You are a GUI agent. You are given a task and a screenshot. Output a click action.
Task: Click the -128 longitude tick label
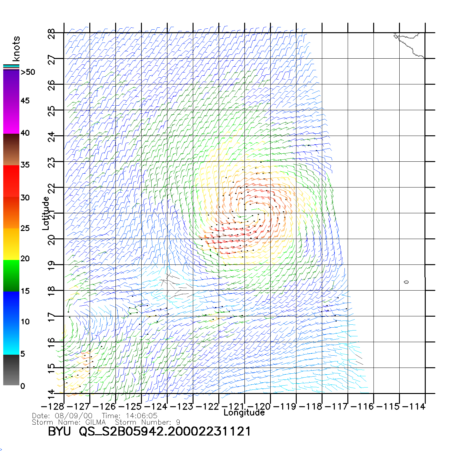click(x=53, y=407)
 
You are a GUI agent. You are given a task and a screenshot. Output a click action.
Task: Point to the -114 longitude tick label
click(x=414, y=407)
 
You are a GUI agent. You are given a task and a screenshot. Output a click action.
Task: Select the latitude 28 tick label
click(x=52, y=34)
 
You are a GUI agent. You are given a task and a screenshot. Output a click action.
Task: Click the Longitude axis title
click(x=244, y=413)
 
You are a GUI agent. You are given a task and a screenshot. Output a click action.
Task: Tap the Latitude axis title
click(x=46, y=213)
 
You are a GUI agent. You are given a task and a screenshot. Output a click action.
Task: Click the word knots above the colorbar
click(x=16, y=49)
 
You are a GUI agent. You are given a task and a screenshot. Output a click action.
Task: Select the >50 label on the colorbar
click(x=28, y=72)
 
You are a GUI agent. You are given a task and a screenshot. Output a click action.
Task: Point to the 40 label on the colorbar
click(x=25, y=133)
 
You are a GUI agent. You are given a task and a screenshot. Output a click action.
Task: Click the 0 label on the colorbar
click(x=23, y=386)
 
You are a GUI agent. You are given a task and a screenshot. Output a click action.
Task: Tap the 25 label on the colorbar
click(x=25, y=228)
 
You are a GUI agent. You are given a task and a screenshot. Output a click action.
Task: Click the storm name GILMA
click(x=95, y=422)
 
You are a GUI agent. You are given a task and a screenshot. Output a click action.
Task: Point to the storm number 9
click(x=178, y=422)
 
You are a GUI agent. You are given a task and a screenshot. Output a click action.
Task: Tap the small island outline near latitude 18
click(x=406, y=282)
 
